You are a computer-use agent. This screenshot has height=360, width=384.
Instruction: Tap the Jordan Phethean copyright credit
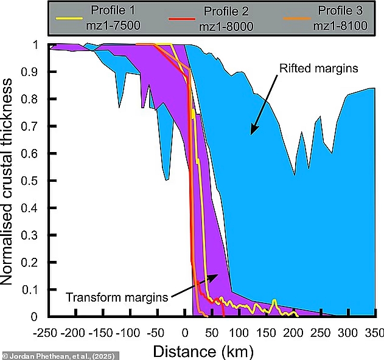(46, 355)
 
